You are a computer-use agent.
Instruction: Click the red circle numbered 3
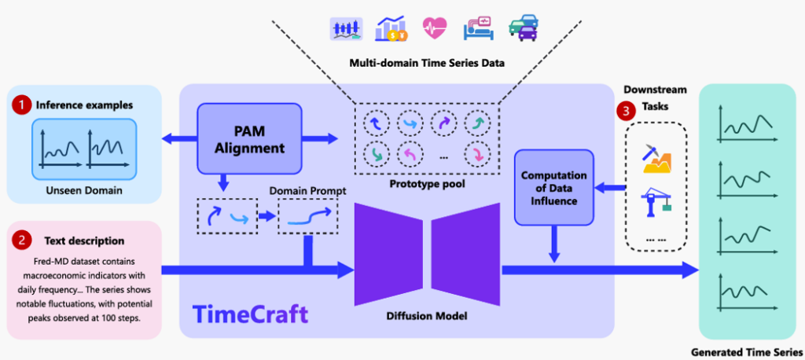click(x=627, y=112)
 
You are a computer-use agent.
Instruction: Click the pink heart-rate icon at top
click(x=434, y=28)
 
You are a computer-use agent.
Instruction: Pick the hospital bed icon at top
click(x=478, y=28)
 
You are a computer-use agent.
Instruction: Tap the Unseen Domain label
click(x=82, y=189)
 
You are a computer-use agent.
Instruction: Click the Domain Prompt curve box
click(x=308, y=217)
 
